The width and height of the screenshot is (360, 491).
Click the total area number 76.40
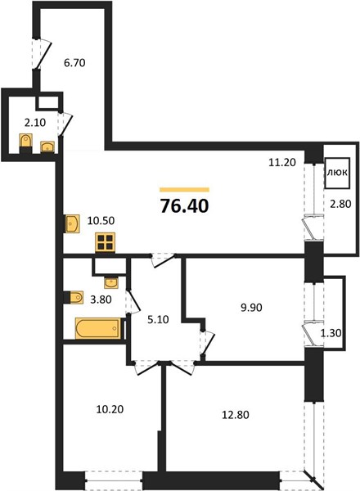click(x=185, y=206)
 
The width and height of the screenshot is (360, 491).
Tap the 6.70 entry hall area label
click(x=74, y=63)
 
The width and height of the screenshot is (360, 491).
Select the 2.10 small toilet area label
click(x=35, y=123)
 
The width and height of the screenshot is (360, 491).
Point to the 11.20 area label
click(x=282, y=162)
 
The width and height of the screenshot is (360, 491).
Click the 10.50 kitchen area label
click(x=101, y=220)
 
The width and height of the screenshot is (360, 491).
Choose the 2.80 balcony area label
click(x=340, y=204)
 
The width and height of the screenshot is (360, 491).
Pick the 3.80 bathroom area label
click(x=101, y=300)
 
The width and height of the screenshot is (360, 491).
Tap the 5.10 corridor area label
click(x=158, y=319)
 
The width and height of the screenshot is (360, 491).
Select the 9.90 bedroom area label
click(x=251, y=308)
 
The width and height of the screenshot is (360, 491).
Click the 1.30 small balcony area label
click(x=331, y=333)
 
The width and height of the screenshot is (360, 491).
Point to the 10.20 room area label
click(x=110, y=409)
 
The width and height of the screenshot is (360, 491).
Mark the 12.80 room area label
click(x=236, y=415)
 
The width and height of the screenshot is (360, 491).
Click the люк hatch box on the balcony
click(x=337, y=173)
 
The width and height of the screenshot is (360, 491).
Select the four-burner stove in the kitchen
click(x=106, y=242)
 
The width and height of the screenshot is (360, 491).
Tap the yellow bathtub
click(x=97, y=328)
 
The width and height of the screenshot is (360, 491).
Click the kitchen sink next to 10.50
click(x=73, y=223)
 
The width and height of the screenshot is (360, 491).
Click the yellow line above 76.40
click(x=184, y=190)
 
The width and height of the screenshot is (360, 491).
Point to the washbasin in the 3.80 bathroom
click(x=111, y=283)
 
